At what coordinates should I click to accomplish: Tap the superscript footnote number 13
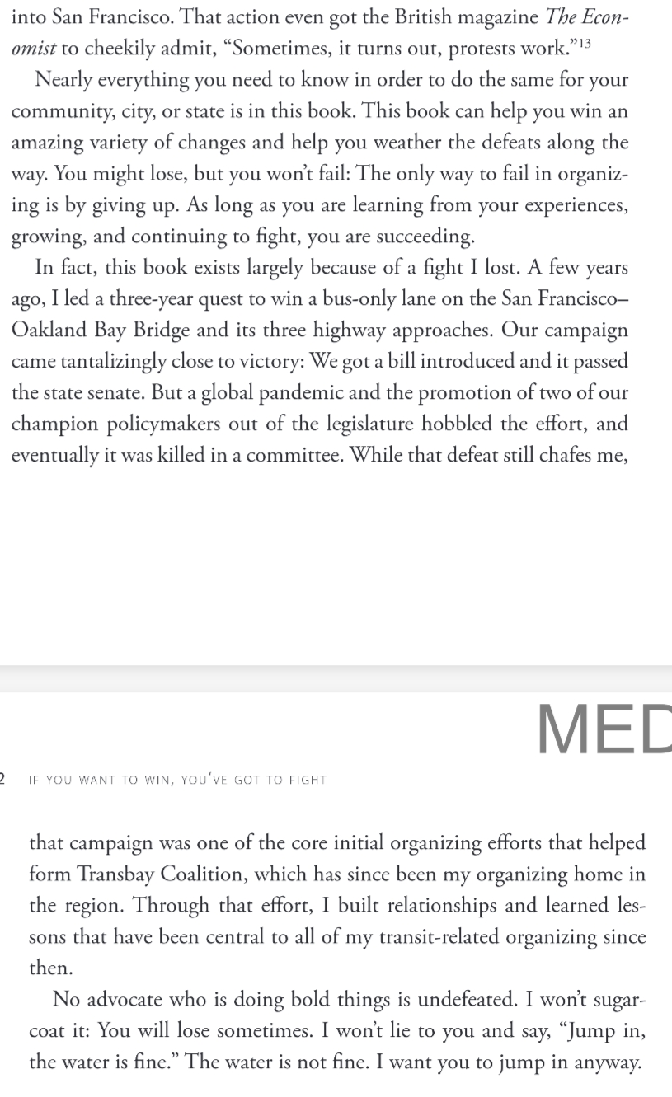click(x=583, y=43)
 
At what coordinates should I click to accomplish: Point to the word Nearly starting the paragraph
click(x=63, y=79)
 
